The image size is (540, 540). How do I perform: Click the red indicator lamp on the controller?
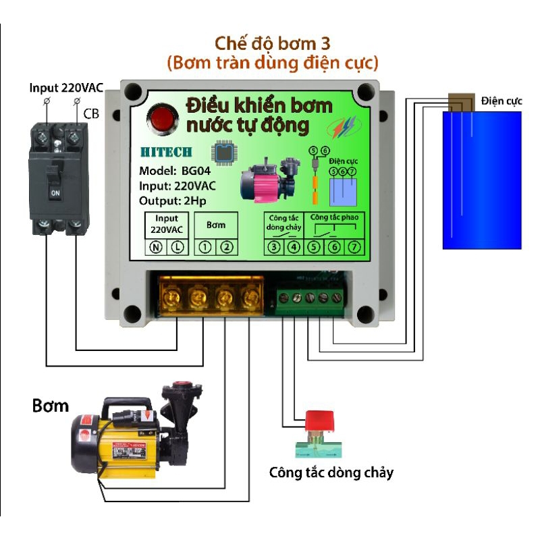pos(162,118)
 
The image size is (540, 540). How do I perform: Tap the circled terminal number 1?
pos(205,247)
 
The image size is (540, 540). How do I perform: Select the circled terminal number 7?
pos(355,247)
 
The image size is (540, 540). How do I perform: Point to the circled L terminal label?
pos(177,247)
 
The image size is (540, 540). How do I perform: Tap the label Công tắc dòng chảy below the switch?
pos(331,472)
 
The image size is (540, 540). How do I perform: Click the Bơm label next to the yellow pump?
pos(50,406)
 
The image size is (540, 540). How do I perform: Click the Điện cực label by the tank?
pos(502,101)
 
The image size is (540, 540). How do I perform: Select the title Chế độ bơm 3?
pos(273,44)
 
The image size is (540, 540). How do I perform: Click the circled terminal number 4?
pos(294,247)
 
